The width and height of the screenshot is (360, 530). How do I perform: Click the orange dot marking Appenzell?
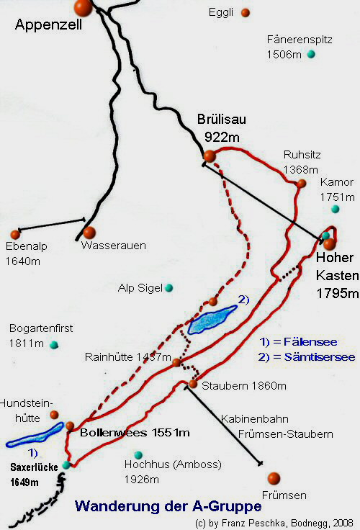pos(83,8)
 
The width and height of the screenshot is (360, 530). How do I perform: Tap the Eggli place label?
pos(222,12)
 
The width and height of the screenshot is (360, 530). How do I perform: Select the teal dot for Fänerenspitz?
pos(311,54)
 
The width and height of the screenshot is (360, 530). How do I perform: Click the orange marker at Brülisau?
pos(210,156)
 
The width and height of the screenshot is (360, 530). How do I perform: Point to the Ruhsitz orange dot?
pos(302,184)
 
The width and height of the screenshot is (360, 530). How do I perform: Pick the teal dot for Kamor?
pos(335,209)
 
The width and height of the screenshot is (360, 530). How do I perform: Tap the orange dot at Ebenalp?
pos(15,234)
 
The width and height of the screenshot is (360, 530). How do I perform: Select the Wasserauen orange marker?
pos(89,233)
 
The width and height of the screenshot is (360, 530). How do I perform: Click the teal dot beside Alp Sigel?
pos(168,288)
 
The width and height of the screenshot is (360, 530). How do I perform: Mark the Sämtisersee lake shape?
pos(212,318)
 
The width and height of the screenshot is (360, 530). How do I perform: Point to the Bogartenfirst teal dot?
pos(53,345)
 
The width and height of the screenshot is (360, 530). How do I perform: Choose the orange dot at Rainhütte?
pos(176,361)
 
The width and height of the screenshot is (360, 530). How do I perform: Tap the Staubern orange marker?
pos(193,385)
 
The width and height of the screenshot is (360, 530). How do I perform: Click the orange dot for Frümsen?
pos(274,478)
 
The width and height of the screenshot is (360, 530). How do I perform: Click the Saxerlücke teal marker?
pos(66,465)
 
